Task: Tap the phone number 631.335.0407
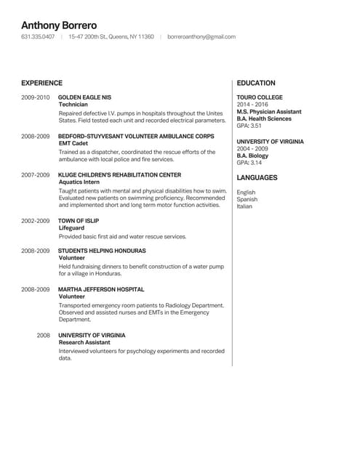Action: [38, 36]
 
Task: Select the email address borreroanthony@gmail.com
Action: [201, 36]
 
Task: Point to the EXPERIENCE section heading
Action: [41, 83]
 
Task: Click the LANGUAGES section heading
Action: [257, 177]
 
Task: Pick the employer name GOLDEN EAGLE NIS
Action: [84, 97]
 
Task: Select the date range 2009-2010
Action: [35, 97]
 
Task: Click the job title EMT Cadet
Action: [73, 144]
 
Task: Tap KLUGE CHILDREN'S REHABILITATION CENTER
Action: [119, 175]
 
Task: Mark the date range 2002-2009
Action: [35, 220]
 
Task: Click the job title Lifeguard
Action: [72, 228]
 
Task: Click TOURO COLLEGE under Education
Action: [260, 97]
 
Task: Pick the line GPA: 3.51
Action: [249, 126]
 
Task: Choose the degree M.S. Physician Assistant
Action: [268, 111]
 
